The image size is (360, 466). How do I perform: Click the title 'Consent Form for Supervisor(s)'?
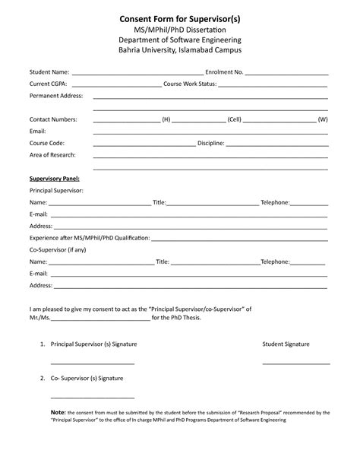(180, 17)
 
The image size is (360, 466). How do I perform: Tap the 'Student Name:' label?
(49, 72)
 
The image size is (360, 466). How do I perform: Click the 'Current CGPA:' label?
(49, 84)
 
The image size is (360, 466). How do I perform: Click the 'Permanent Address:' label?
(56, 97)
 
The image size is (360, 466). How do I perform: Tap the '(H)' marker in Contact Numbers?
(166, 120)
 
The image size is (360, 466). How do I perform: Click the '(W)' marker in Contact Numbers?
(323, 120)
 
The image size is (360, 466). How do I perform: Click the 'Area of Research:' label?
(52, 154)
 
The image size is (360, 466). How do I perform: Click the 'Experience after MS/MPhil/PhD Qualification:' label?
(90, 238)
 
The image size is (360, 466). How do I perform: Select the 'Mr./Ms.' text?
(39, 319)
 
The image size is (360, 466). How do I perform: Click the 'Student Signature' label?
(286, 344)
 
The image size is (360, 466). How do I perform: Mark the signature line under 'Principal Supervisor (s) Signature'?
(92, 363)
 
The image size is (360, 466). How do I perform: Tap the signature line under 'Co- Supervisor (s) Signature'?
(92, 397)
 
